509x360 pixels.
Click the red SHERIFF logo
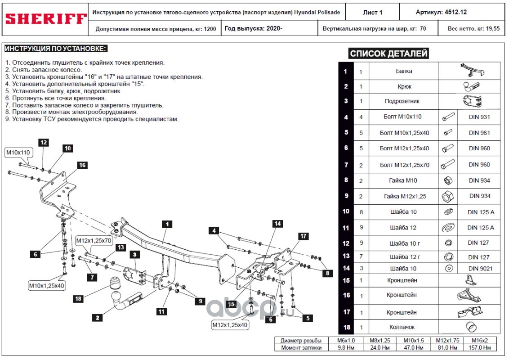click(45, 19)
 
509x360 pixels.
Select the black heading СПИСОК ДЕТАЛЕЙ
click(388, 54)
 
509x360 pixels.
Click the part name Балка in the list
click(403, 71)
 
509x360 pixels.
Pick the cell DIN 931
click(479, 117)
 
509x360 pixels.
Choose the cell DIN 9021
click(479, 269)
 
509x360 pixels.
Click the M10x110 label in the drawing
click(18, 153)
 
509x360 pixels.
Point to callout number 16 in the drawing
click(82, 165)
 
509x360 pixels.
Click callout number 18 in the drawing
click(78, 298)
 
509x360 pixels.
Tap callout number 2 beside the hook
click(96, 318)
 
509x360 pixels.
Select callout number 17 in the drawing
click(303, 236)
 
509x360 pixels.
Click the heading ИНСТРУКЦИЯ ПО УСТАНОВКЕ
click(55, 49)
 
